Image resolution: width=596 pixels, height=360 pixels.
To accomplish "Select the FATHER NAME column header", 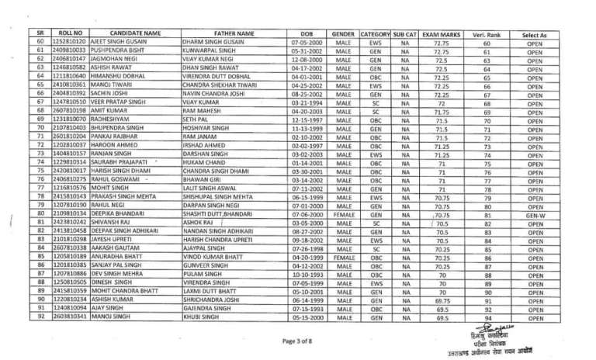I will tap(234, 34).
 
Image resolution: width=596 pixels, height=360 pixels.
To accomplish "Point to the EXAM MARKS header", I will tap(441, 34).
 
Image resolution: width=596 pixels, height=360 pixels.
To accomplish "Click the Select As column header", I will tap(535, 34).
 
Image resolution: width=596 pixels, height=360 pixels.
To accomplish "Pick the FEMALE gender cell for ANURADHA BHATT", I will tap(344, 257).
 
